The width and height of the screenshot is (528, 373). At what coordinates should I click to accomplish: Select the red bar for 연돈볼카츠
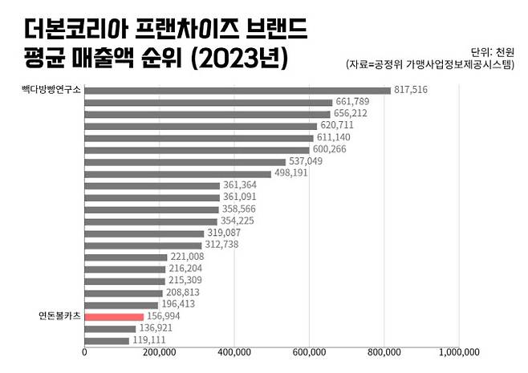tap(114, 317)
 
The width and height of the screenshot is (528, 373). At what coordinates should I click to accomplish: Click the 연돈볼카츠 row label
tap(60, 317)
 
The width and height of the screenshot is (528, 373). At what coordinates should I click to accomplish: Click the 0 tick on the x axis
tap(84, 351)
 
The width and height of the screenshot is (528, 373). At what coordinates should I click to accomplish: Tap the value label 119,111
tap(149, 340)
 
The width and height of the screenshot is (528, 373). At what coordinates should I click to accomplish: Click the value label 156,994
tap(164, 317)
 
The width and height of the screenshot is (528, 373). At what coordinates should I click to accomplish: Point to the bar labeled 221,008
tap(125, 257)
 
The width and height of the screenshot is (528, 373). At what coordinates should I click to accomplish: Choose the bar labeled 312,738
tap(143, 245)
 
